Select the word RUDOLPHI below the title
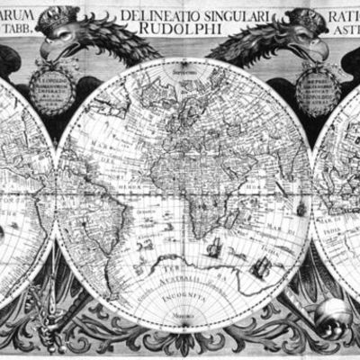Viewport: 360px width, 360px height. (184, 29)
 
